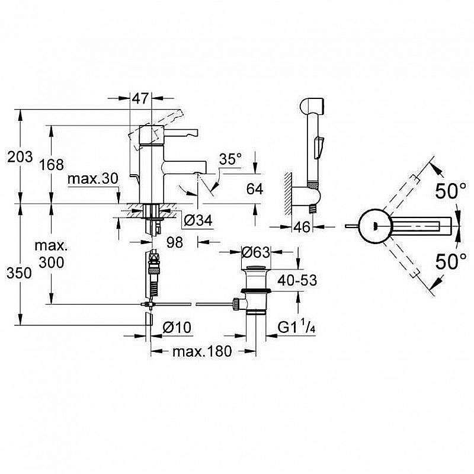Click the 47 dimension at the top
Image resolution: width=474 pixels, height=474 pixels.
click(x=140, y=99)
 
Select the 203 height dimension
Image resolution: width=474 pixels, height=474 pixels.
click(x=18, y=156)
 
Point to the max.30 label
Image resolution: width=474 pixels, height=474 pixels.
click(x=94, y=178)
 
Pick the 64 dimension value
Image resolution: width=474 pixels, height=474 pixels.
click(x=254, y=189)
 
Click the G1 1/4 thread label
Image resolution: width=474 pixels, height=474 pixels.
click(x=297, y=326)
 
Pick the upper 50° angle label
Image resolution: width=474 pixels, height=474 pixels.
click(x=450, y=191)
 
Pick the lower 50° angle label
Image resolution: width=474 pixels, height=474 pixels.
click(x=450, y=261)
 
